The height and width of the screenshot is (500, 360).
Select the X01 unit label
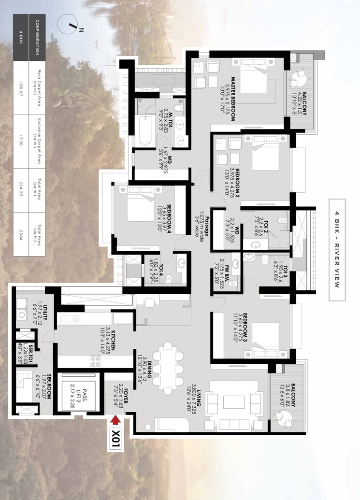point(116,439)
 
